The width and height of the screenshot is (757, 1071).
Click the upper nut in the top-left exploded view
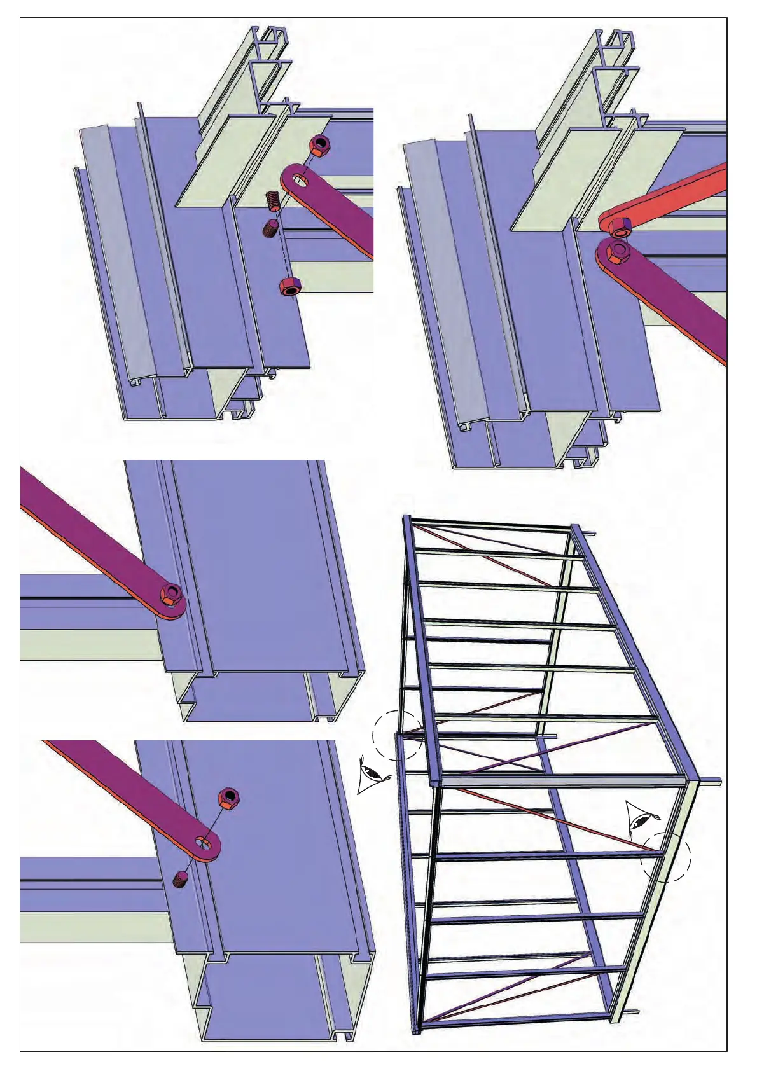click(x=320, y=146)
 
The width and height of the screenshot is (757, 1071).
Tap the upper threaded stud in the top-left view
click(x=273, y=202)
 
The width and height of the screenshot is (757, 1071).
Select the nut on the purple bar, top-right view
click(x=617, y=251)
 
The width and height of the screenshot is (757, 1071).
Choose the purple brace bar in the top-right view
click(x=681, y=305)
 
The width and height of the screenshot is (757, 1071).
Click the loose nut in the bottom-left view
click(x=228, y=798)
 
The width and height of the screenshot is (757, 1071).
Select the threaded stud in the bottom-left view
click(x=181, y=880)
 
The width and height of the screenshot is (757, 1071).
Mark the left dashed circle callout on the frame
click(x=398, y=735)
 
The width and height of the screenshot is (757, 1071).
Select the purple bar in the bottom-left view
click(x=127, y=789)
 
